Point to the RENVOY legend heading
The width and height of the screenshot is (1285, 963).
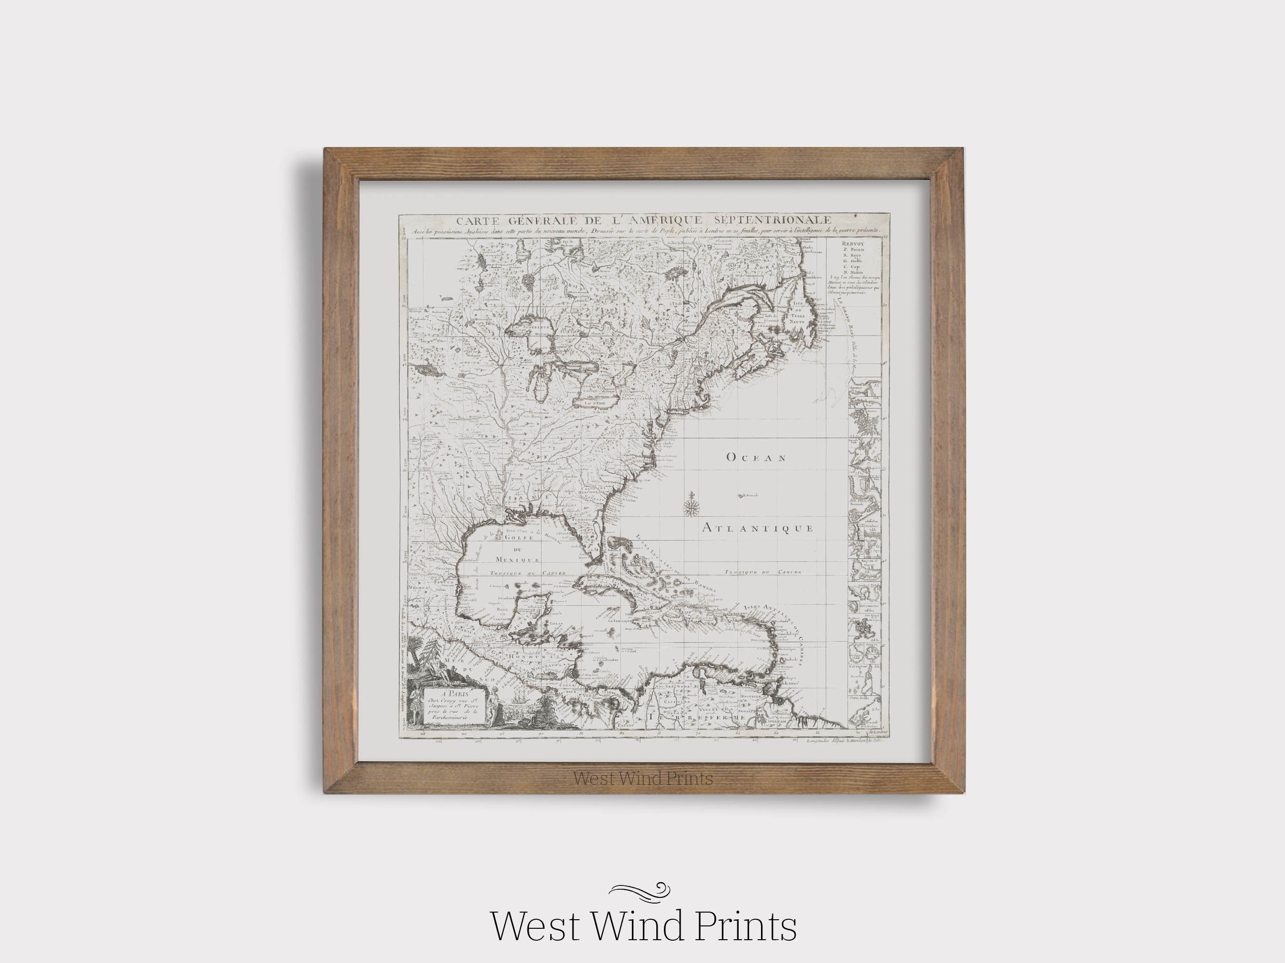[853, 244]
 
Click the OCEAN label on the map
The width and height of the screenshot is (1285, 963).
[756, 458]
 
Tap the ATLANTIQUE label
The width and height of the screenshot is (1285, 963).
[758, 528]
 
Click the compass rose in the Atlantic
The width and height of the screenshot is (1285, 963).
[692, 505]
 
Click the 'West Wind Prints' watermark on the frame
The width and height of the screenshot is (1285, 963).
[642, 778]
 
